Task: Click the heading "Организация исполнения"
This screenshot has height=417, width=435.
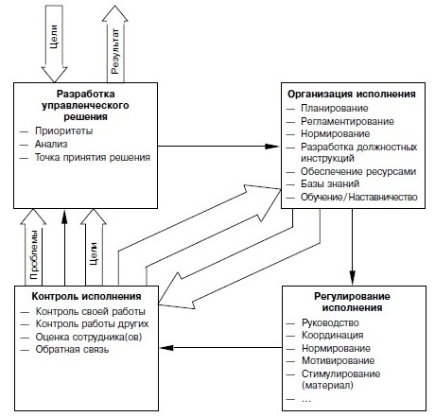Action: tap(352, 94)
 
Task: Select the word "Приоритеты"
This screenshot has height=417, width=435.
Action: tap(64, 130)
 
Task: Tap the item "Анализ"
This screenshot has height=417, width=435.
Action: tap(51, 144)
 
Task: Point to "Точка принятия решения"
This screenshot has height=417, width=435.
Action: tap(93, 157)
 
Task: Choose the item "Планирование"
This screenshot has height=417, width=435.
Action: tap(335, 108)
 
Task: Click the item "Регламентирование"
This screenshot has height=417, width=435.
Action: tap(347, 121)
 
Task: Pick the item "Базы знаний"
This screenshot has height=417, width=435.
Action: tap(330, 183)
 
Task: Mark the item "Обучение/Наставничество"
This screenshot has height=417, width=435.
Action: tap(359, 197)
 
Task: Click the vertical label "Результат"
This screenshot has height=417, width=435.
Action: tap(115, 51)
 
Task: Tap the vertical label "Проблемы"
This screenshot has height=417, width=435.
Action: tap(34, 254)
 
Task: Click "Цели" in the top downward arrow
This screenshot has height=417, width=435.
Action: tap(54, 37)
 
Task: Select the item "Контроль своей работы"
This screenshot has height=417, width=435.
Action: tap(91, 311)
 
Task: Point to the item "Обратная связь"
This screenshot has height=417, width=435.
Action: tap(72, 349)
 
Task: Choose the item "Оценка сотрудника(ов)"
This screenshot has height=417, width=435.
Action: tap(89, 337)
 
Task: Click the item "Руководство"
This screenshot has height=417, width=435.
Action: tap(330, 322)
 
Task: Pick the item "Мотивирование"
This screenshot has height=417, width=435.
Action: tap(339, 360)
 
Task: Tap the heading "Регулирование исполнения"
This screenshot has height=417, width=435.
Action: tap(352, 302)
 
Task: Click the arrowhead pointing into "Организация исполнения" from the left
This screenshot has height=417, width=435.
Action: tap(272, 147)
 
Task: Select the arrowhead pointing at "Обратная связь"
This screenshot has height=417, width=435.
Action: tap(166, 348)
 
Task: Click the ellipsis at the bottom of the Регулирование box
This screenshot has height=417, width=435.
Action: tap(306, 400)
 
